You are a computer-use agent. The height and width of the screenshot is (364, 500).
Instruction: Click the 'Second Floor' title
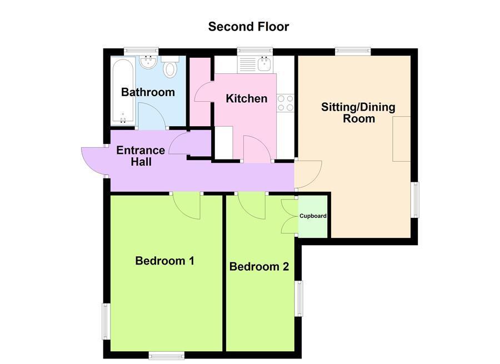(248, 27)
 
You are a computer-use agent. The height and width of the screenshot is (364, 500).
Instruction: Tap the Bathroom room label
(148, 92)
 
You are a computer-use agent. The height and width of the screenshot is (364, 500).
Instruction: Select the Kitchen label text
(246, 99)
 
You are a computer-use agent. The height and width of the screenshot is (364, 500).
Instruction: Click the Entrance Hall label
(141, 156)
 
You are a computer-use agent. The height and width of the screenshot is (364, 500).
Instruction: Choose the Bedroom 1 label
(164, 261)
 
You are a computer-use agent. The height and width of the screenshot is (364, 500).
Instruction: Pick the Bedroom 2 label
(259, 267)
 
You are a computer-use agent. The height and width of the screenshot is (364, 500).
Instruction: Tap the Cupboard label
(313, 216)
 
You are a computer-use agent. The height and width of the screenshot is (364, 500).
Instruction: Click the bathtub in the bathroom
(122, 92)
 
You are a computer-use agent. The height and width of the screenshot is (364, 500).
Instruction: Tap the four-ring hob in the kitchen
(286, 102)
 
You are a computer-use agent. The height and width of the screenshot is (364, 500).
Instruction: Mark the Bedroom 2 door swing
(253, 205)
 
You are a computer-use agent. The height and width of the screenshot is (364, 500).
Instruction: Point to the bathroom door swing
(152, 116)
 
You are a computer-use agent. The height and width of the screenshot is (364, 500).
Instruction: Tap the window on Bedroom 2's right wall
(299, 298)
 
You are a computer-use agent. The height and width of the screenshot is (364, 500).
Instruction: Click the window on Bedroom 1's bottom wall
(167, 355)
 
